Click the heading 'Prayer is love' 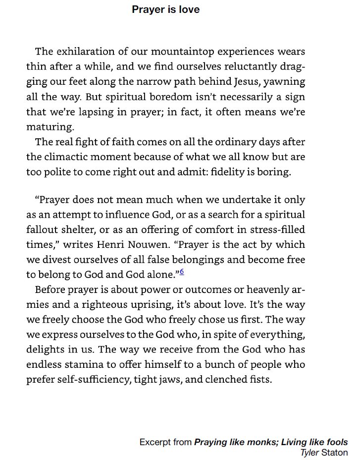pyautogui.click(x=165, y=10)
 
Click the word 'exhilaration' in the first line pyautogui.click(x=86, y=52)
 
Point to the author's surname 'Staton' pyautogui.click(x=335, y=452)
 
